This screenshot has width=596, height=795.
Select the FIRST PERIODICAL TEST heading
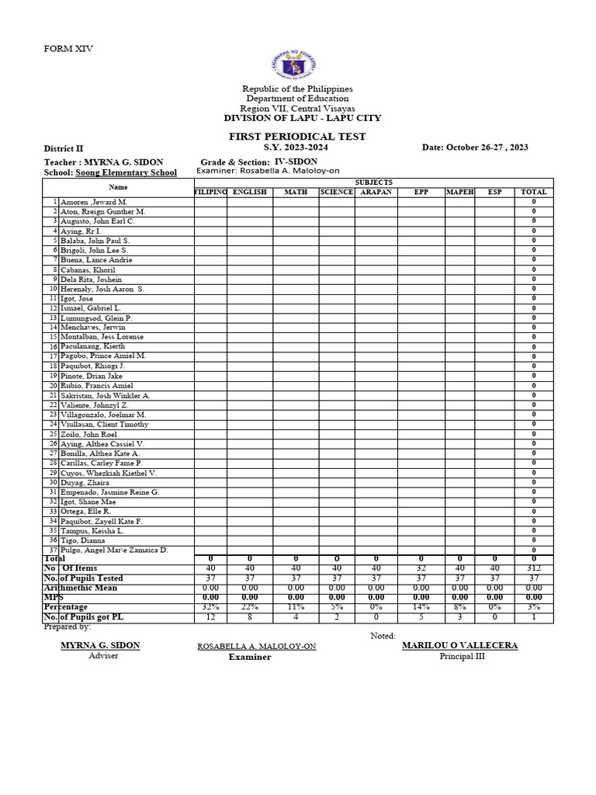(297, 137)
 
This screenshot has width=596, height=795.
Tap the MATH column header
(296, 192)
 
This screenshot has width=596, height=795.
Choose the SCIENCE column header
(337, 192)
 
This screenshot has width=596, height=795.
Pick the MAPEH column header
(460, 192)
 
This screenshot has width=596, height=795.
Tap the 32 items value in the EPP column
(421, 568)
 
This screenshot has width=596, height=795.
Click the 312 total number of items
(534, 568)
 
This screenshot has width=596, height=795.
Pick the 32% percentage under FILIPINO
(210, 606)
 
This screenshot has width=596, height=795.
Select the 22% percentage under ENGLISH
(249, 606)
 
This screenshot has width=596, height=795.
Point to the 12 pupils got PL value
(210, 616)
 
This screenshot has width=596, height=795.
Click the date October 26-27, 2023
(475, 148)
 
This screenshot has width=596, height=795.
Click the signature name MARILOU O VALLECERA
(459, 645)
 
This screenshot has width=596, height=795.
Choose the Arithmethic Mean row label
(81, 588)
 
